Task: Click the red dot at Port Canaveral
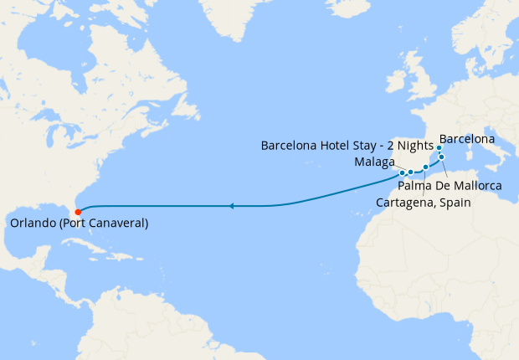[x=77, y=211]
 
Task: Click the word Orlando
[x=34, y=224]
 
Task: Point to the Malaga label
[x=374, y=162]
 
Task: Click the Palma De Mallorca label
[x=450, y=185]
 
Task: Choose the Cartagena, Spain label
[x=424, y=203]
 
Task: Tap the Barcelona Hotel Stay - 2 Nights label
[x=347, y=145]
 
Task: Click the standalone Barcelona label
[x=466, y=138]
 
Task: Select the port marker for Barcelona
[x=439, y=147]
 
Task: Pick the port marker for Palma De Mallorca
[x=441, y=157]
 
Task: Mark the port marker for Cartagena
[x=425, y=167]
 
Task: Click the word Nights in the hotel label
[x=414, y=145]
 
